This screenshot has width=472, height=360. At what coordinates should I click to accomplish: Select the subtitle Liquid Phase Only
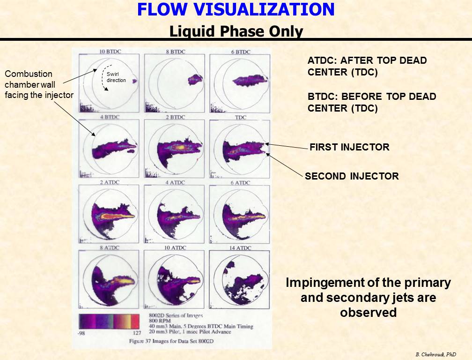236,31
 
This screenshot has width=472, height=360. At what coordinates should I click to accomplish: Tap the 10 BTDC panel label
110,52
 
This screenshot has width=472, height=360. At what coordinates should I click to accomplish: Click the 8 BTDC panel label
176,52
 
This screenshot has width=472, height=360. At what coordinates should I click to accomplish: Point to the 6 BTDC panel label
241,52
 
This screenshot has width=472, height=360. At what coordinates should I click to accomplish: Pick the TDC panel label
241,117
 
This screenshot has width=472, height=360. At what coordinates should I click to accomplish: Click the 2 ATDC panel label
110,182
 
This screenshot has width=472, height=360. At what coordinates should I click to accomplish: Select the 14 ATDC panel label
240,248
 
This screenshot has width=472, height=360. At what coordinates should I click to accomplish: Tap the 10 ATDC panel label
175,247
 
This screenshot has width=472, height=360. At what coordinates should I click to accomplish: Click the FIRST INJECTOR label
349,147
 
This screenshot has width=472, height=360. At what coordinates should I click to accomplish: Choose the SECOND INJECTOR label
352,176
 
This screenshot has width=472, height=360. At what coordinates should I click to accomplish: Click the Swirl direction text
116,77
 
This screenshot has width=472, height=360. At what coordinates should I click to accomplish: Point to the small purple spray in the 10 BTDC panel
134,81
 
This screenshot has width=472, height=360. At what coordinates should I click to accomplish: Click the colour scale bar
109,322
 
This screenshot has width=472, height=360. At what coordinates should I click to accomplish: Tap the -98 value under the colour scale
81,333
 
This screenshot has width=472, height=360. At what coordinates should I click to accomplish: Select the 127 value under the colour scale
137,333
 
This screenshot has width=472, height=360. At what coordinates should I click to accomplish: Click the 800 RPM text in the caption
160,321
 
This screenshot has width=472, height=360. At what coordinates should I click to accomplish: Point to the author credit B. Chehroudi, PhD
436,354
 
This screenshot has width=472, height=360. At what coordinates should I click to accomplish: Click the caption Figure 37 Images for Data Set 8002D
171,341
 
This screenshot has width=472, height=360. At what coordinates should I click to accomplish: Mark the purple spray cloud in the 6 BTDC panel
250,81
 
